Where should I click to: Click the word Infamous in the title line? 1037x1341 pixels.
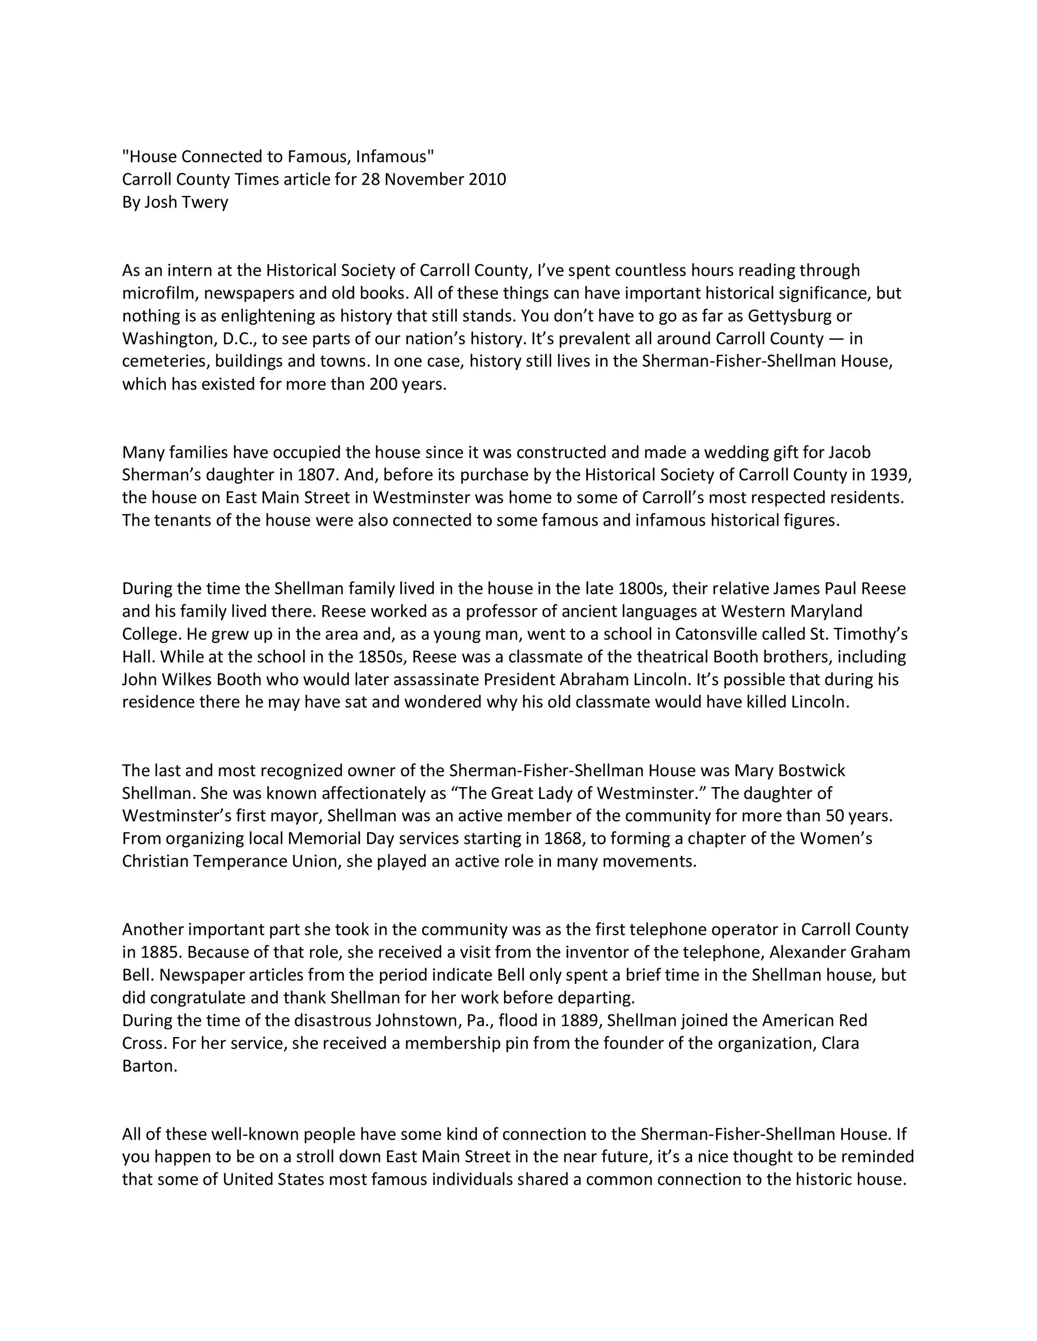(x=394, y=157)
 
